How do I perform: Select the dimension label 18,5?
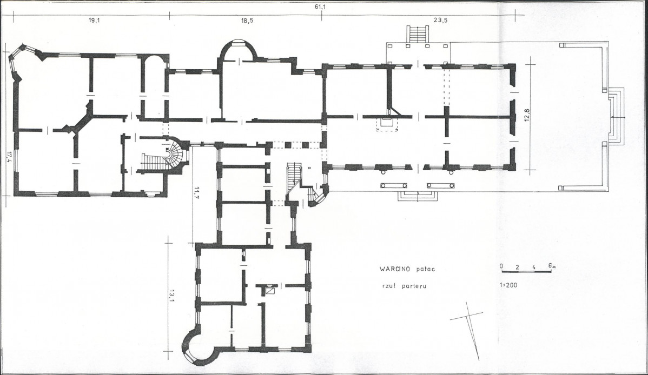click(248, 21)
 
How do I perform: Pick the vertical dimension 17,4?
click(9, 157)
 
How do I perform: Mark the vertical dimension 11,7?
click(197, 193)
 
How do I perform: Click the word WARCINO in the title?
click(394, 269)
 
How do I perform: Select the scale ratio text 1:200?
click(508, 285)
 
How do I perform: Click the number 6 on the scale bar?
click(551, 265)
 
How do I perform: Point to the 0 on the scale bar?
click(501, 266)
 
